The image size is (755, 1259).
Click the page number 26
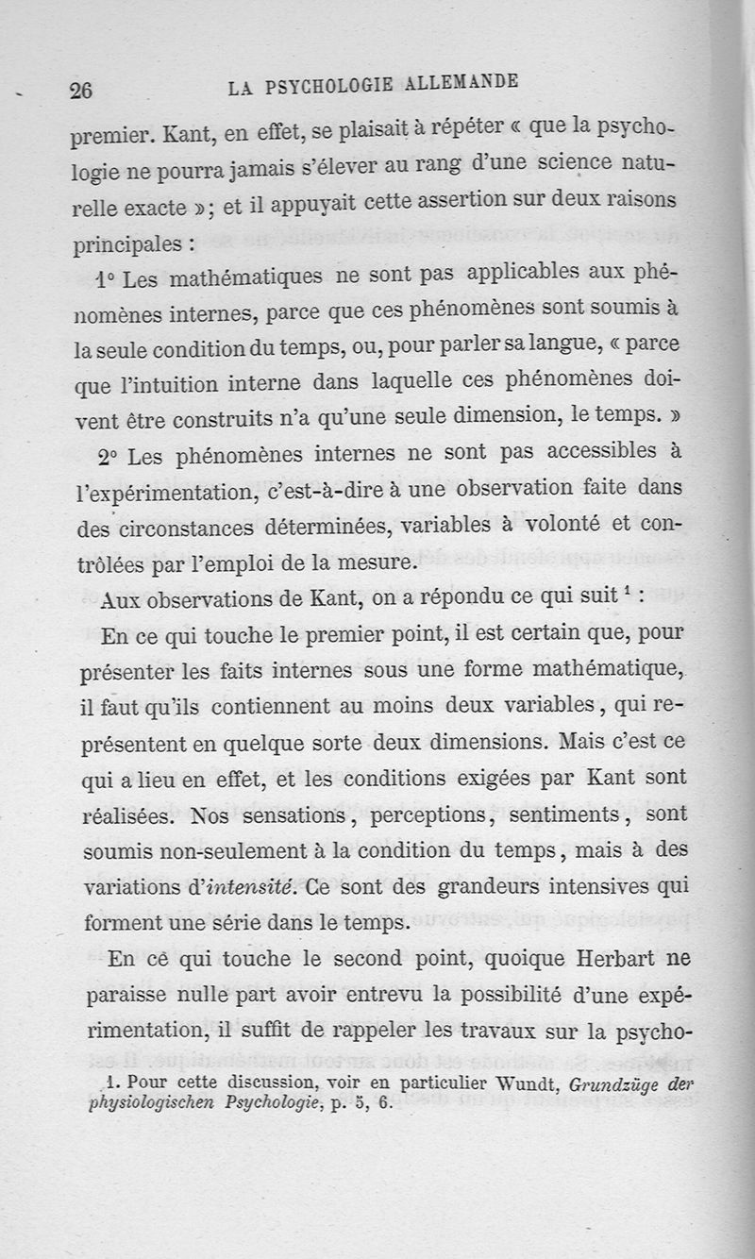(x=80, y=91)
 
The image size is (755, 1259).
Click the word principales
(x=129, y=242)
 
